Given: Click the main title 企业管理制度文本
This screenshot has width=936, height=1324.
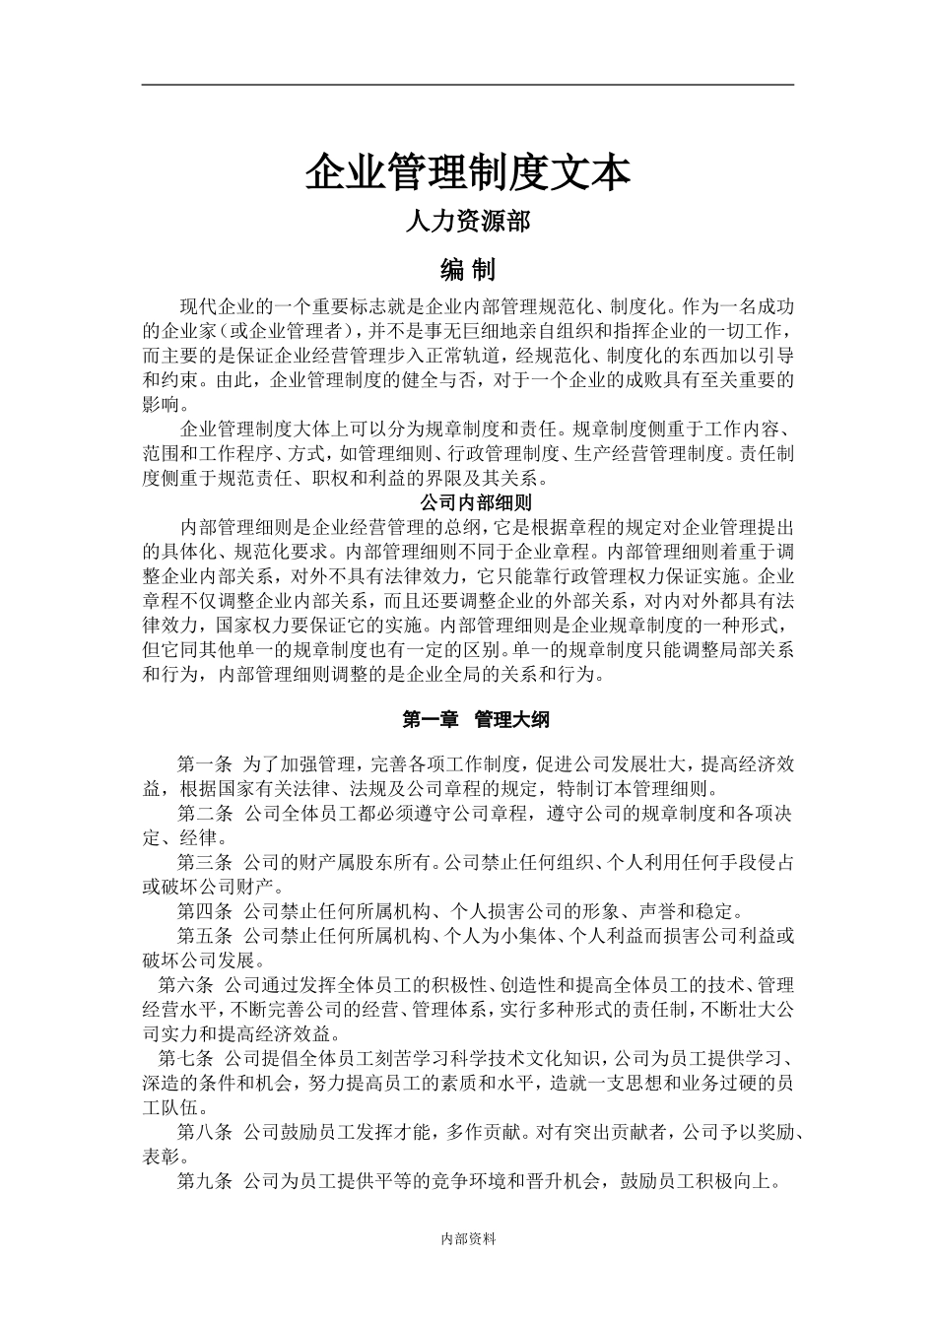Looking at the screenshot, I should click(467, 172).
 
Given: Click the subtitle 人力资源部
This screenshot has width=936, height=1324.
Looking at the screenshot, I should click(468, 222).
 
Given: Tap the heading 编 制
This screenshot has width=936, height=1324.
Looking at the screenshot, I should click(467, 269).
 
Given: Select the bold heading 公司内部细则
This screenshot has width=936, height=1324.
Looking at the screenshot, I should click(468, 502).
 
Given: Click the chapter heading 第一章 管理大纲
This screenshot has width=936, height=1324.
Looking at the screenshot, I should click(476, 720).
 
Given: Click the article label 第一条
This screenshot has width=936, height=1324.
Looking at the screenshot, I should click(204, 764).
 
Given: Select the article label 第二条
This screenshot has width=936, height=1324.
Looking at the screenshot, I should click(204, 814).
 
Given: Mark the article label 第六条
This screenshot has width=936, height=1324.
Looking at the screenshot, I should click(185, 985).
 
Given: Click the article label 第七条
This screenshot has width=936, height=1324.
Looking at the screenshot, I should click(185, 1060).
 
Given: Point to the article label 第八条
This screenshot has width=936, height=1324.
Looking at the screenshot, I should click(204, 1133).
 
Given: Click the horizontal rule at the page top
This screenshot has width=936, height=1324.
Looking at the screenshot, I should click(468, 85).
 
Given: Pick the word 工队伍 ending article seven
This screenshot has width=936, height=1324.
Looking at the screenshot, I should click(168, 1108).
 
